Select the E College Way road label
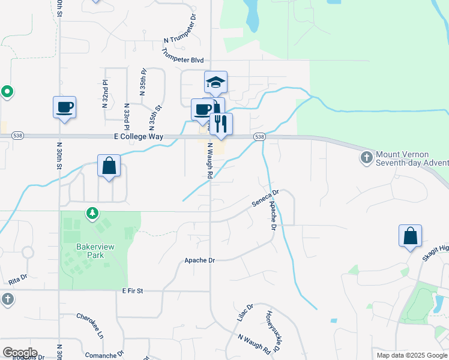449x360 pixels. [139, 137]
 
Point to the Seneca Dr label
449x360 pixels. [265, 199]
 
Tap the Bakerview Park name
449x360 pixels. [90, 251]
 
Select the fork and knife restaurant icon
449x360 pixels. [221, 124]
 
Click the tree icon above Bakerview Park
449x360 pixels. [91, 213]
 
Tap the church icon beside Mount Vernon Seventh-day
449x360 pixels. [366, 158]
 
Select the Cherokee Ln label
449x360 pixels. [90, 324]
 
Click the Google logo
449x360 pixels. [20, 352]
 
